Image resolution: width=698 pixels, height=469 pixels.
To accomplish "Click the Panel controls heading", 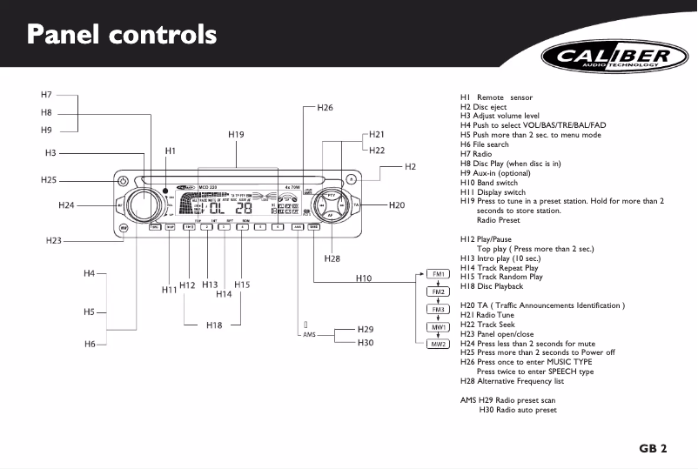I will coord(121,36).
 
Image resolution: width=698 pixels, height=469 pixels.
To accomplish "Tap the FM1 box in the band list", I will coord(439,274).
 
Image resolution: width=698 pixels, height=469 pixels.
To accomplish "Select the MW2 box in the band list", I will coord(439,344).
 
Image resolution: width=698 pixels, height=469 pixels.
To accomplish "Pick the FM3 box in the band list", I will coord(439,309).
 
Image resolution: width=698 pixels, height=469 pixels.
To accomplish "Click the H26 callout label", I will coord(325,108).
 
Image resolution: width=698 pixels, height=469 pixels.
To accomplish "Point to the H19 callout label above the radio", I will coord(236,135).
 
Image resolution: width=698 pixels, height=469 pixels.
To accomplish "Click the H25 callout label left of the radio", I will coord(49,180).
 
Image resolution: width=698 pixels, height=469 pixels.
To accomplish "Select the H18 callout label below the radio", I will coord(214,325).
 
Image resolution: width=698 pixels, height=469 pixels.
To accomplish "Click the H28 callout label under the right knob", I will coord(332,258).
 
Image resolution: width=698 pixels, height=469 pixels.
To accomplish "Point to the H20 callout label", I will coord(397,205).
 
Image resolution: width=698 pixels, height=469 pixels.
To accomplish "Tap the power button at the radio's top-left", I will coord(123,183).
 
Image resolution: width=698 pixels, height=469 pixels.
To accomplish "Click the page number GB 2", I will coord(652,449).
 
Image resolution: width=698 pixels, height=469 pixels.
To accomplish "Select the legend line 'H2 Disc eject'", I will coord(483,107).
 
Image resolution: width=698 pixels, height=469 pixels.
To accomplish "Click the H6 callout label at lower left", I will coord(90,345).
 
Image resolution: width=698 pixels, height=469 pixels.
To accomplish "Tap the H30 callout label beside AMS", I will coord(366,343).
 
